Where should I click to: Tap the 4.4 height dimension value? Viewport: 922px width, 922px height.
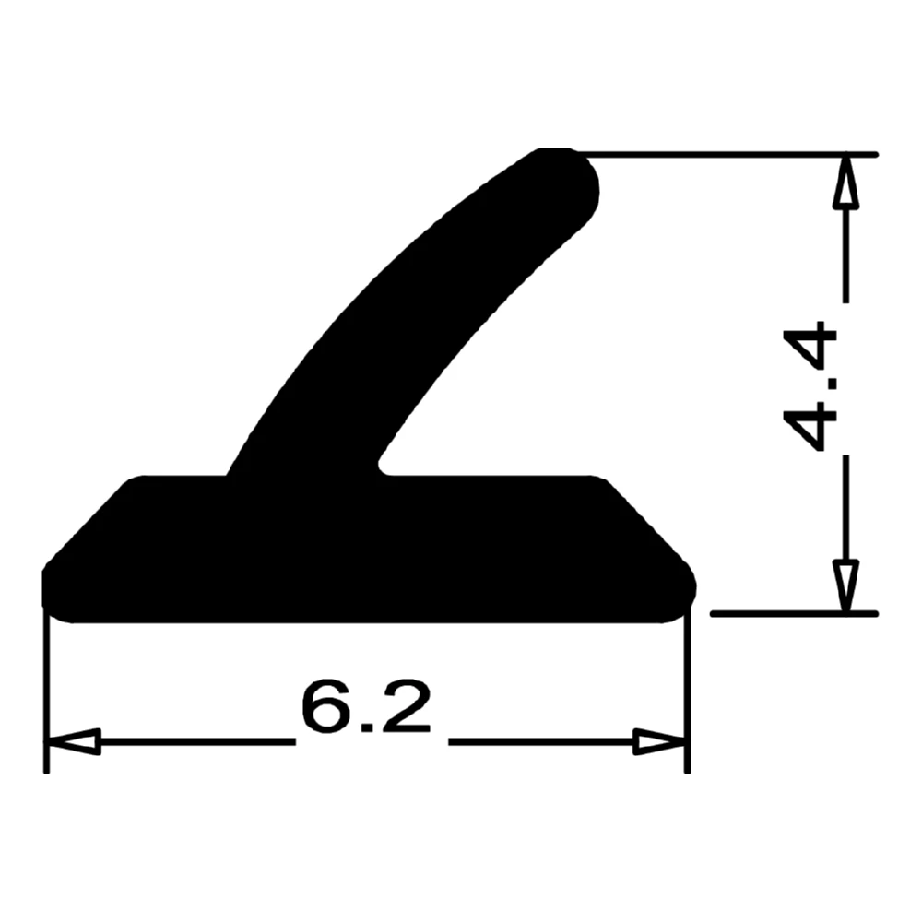tap(811, 387)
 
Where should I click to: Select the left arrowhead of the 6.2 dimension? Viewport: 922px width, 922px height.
tap(73, 741)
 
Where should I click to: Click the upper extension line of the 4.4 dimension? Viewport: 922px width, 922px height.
tap(728, 154)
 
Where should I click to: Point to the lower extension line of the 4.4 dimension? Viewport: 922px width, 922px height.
tap(793, 612)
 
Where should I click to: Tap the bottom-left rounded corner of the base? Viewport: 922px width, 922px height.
tap(57, 604)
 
